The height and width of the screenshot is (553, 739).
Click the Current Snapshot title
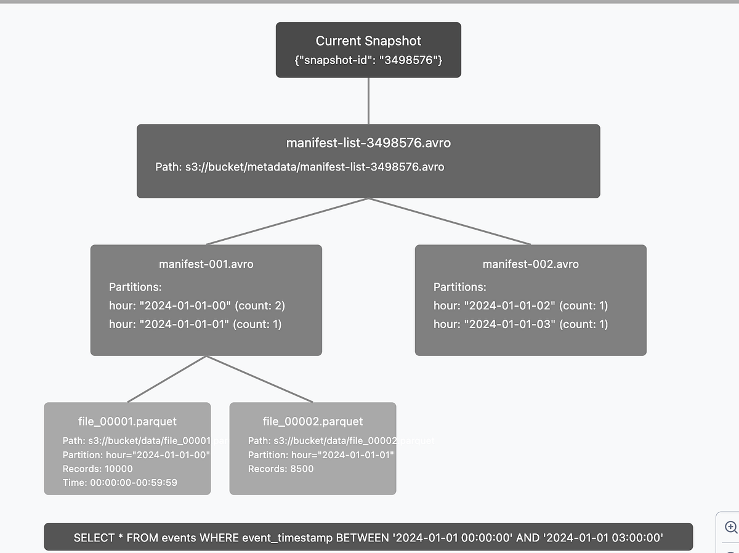tap(368, 41)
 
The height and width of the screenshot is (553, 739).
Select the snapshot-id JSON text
tap(368, 61)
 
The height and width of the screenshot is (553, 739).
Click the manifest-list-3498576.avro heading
tap(368, 143)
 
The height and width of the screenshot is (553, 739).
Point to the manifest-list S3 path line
tap(299, 167)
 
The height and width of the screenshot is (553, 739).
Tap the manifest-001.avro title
tap(206, 264)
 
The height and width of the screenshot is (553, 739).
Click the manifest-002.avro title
tap(530, 264)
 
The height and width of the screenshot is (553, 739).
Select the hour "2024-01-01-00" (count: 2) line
tap(196, 305)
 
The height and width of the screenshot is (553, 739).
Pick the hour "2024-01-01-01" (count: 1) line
tap(195, 324)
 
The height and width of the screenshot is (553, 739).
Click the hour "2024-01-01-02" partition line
tap(520, 305)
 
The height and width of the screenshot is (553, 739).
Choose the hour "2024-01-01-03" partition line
tap(520, 324)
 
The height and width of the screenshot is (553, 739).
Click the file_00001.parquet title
tap(127, 422)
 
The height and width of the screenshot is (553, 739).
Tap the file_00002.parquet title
tap(313, 422)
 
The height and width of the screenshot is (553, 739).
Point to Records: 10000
tap(97, 469)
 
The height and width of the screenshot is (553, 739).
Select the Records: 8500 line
tap(281, 469)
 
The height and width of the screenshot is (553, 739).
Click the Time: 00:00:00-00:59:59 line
tap(119, 483)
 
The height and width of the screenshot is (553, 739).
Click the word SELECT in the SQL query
tap(94, 538)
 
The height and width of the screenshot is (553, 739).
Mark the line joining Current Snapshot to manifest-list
tap(368, 101)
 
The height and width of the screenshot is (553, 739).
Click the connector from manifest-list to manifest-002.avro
tap(450, 222)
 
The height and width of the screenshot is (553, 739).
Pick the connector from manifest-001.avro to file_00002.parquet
tap(259, 379)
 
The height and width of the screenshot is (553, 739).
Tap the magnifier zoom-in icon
tap(731, 527)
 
